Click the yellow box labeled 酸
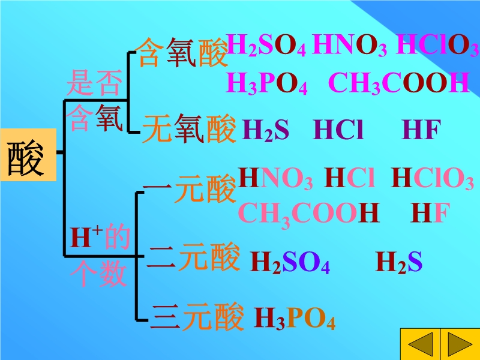click(28, 155)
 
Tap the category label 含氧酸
click(182, 53)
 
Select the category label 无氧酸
click(189, 130)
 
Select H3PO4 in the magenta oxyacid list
click(267, 84)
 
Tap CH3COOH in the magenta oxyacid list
click(398, 84)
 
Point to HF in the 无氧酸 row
click(422, 130)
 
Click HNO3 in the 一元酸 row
click(275, 179)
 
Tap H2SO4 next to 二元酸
click(289, 262)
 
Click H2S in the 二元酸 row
click(399, 262)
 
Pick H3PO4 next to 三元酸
click(295, 319)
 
